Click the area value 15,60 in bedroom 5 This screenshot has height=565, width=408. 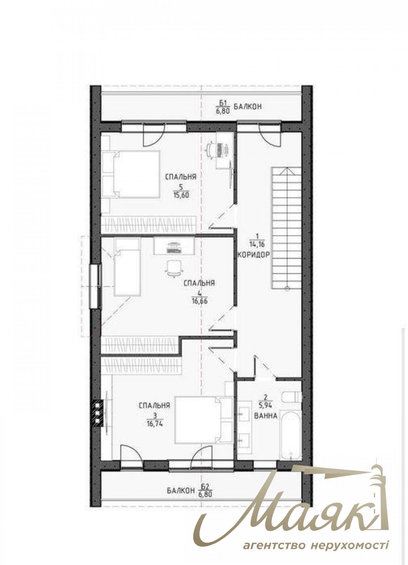click(x=181, y=195)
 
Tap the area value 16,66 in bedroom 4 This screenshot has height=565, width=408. click(x=199, y=301)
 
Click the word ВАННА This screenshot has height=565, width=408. click(x=265, y=416)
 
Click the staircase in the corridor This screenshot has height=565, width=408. click(x=286, y=228)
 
